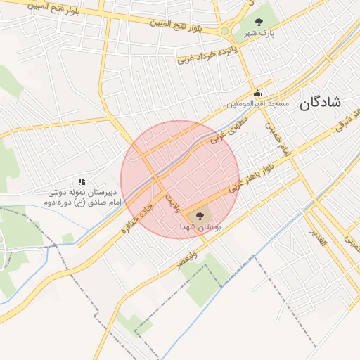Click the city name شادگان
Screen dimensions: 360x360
[x=320, y=103]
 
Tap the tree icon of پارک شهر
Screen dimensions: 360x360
[x=259, y=22]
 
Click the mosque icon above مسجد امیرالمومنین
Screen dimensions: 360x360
[x=257, y=93]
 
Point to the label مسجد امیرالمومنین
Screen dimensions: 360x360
[x=257, y=104]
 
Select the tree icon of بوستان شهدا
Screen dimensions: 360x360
[x=200, y=216]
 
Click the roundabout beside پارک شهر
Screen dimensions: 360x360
[x=225, y=31]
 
